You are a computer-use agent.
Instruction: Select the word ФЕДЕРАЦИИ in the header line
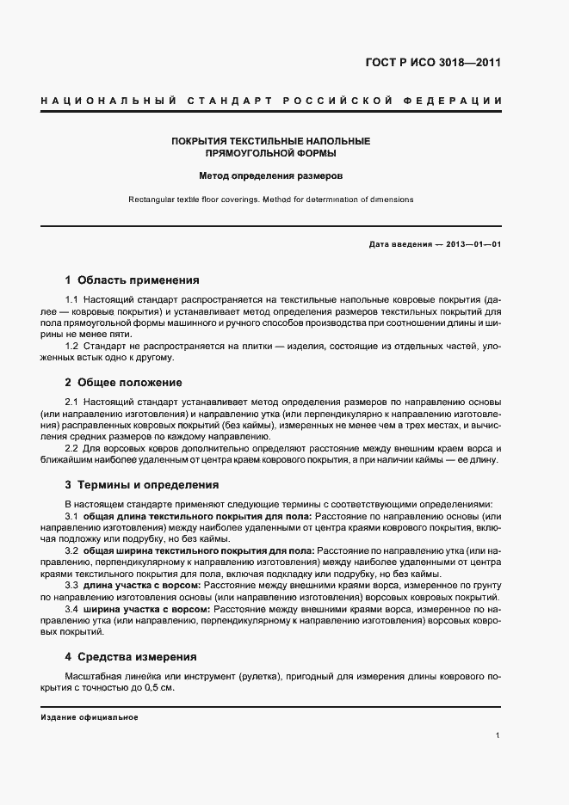click(456, 102)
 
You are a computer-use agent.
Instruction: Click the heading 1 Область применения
click(132, 280)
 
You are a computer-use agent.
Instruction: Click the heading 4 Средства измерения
click(131, 656)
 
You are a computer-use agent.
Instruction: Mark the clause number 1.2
click(72, 345)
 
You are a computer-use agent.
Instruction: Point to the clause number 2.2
click(72, 448)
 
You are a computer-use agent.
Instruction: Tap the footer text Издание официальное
click(90, 717)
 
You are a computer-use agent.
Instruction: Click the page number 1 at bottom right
click(498, 735)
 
